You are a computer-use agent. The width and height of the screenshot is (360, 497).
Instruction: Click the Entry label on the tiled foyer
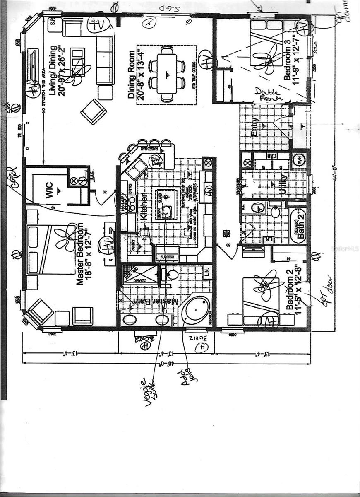pos(254,126)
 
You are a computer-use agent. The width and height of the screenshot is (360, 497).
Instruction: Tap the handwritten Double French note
pos(268,94)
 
